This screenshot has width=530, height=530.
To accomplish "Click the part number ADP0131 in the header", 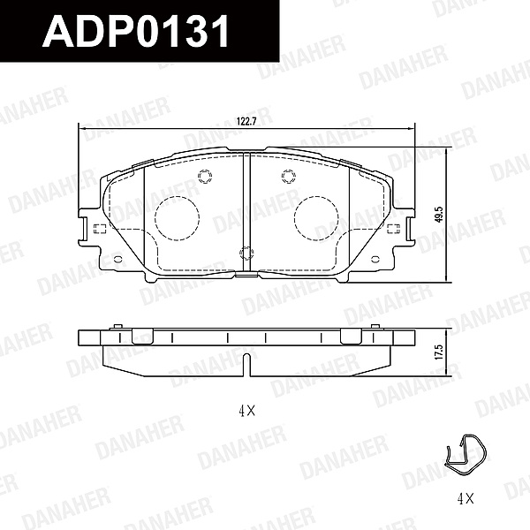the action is tap(136, 31).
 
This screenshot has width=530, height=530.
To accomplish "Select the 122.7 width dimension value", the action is tap(246, 122).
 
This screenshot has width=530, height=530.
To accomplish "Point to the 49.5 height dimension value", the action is tap(439, 215).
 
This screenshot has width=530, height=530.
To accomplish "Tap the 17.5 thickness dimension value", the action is tap(439, 352).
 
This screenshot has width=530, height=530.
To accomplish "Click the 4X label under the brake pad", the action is tap(246, 411).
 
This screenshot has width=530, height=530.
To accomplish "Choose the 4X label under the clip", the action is tap(466, 498).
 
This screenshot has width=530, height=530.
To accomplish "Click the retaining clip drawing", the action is tap(466, 455).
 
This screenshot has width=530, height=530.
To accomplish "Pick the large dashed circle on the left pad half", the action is tap(178, 218).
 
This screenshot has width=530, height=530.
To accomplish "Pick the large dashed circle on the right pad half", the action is tap(316, 218).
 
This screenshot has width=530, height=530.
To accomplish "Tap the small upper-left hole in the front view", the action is tap(205, 177).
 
